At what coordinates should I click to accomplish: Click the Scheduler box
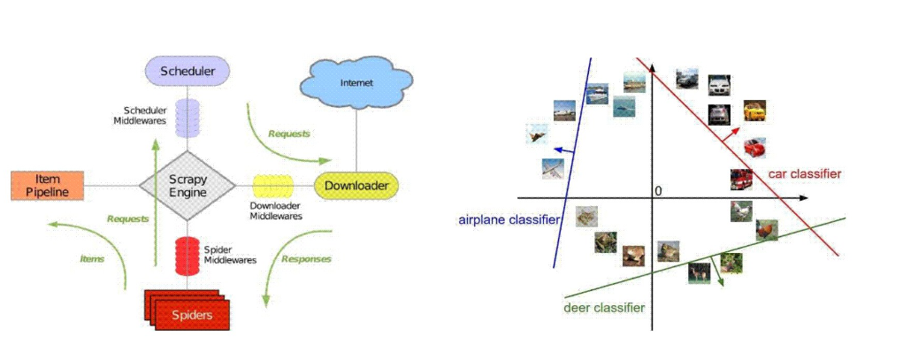pyautogui.click(x=187, y=71)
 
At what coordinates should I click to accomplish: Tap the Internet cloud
pyautogui.click(x=356, y=83)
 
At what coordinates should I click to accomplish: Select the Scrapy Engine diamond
pyautogui.click(x=187, y=186)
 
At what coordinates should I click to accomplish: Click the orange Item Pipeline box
pyautogui.click(x=47, y=185)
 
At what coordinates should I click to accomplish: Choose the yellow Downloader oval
pyautogui.click(x=357, y=186)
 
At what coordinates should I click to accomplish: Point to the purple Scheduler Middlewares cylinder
pyautogui.click(x=187, y=118)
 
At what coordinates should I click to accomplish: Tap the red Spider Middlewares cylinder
pyautogui.click(x=187, y=256)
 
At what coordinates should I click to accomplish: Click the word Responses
pyautogui.click(x=306, y=259)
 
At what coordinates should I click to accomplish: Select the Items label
pyautogui.click(x=92, y=259)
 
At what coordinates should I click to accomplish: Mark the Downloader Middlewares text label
pyautogui.click(x=272, y=211)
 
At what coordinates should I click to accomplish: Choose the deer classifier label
pyautogui.click(x=604, y=308)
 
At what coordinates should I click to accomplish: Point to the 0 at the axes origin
pyautogui.click(x=657, y=191)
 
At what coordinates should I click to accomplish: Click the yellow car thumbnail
pyautogui.click(x=754, y=111)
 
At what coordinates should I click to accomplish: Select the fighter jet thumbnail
pyautogui.click(x=536, y=134)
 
